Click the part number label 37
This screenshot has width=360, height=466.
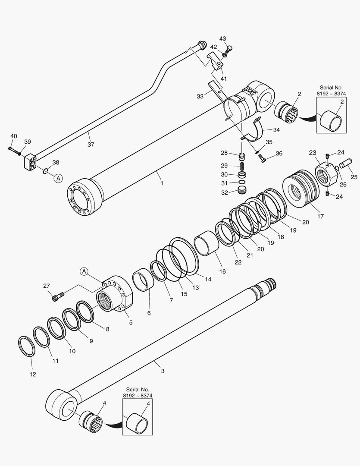point(91,145)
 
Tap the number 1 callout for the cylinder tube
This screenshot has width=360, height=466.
point(162,183)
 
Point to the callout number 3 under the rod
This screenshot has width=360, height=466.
point(163,371)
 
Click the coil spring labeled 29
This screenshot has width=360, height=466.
point(242,166)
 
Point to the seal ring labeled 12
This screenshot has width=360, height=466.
point(26,346)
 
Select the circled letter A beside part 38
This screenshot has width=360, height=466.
point(58,177)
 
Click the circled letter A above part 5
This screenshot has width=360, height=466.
point(84,271)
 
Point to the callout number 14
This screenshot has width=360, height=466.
point(208,279)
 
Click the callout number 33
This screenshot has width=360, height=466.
point(200,97)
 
